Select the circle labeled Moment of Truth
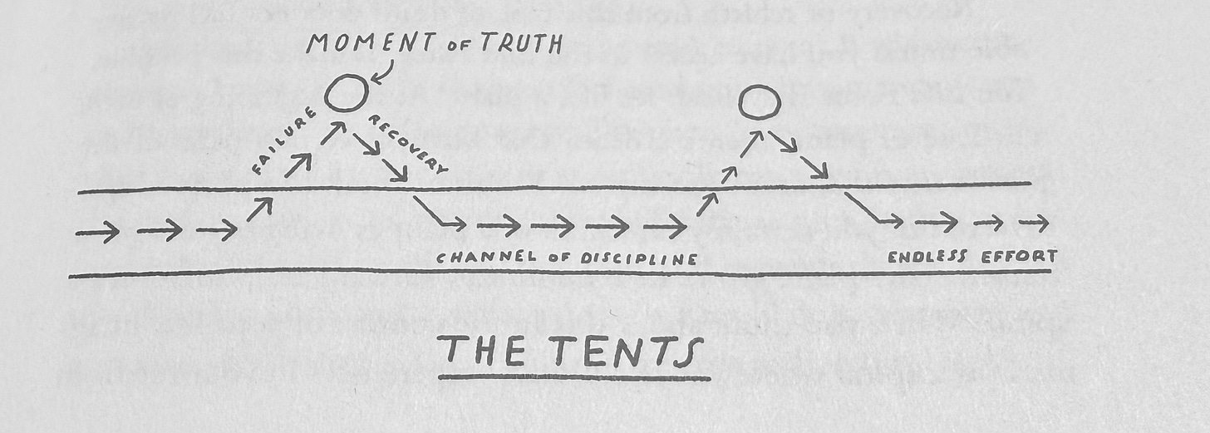347,93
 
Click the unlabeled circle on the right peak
759,101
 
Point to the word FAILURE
283,142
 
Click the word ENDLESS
927,257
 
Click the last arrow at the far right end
1034,222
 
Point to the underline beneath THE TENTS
573,378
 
